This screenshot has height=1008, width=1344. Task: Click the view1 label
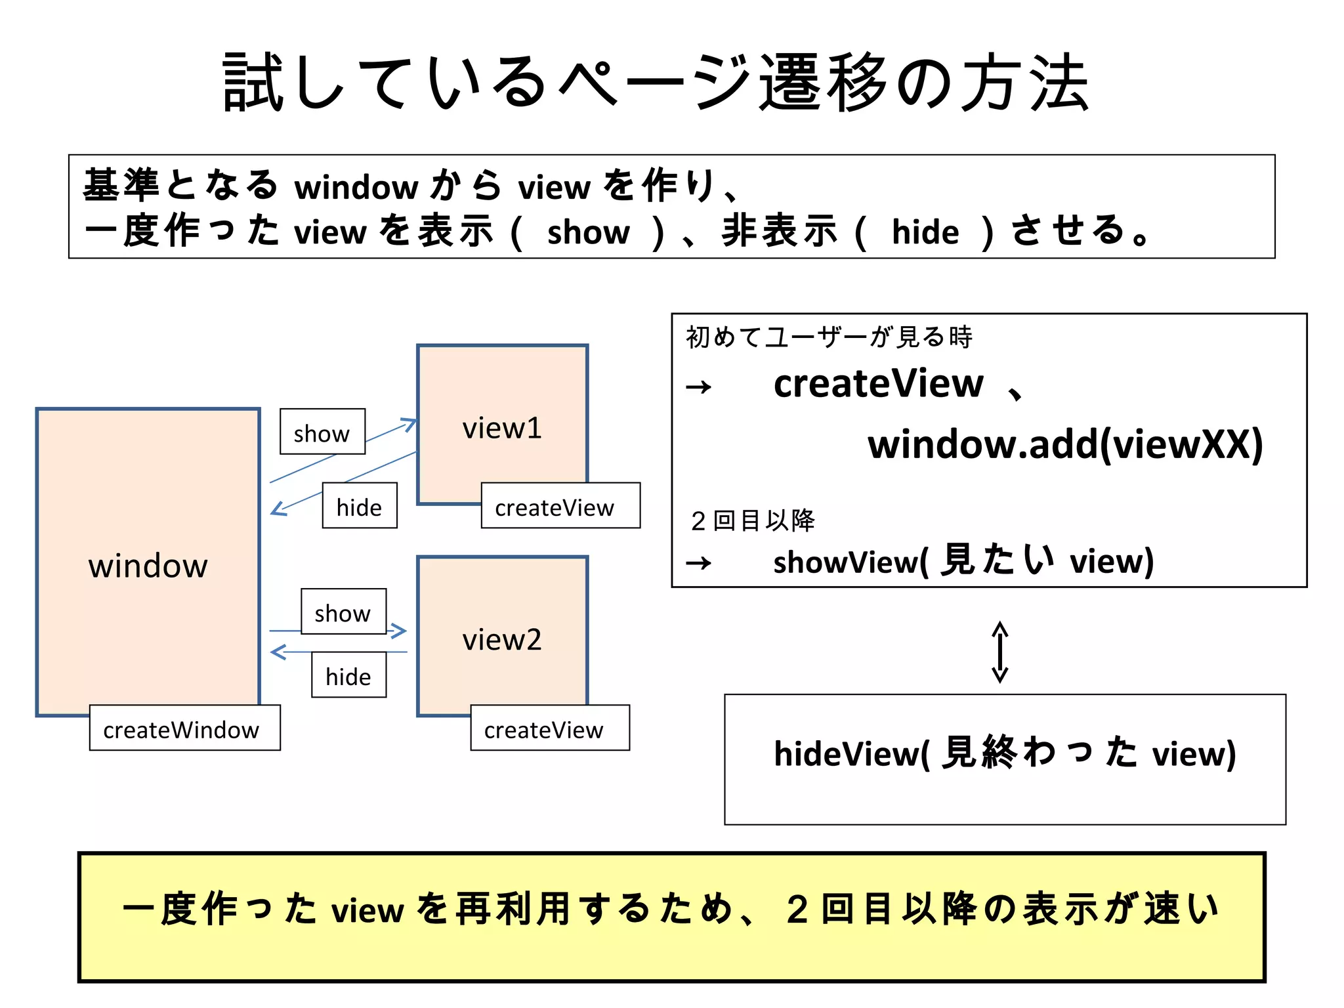tap(502, 429)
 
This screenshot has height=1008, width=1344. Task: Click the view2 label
tap(502, 640)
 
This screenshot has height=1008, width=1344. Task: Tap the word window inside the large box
tap(148, 566)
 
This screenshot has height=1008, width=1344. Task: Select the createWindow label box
tap(184, 728)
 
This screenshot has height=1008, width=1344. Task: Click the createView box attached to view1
tap(560, 506)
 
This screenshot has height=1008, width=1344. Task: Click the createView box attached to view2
tap(549, 728)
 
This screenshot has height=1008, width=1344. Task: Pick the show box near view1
tap(322, 432)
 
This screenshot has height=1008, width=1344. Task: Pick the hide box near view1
tap(359, 506)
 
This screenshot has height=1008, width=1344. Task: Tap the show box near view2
tap(343, 612)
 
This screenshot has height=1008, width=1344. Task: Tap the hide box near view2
tap(348, 675)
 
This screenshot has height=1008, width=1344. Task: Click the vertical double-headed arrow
tap(999, 652)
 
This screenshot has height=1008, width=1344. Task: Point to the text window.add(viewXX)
tap(1064, 445)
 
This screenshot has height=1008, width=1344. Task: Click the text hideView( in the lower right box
tap(851, 753)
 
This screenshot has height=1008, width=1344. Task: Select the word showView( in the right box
tap(850, 562)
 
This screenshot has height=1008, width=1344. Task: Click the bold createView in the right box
tap(878, 384)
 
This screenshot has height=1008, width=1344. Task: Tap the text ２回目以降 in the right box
tap(752, 521)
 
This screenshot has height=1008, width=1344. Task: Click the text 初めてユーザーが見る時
tap(829, 337)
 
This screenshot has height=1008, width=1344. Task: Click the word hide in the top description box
tap(925, 232)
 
